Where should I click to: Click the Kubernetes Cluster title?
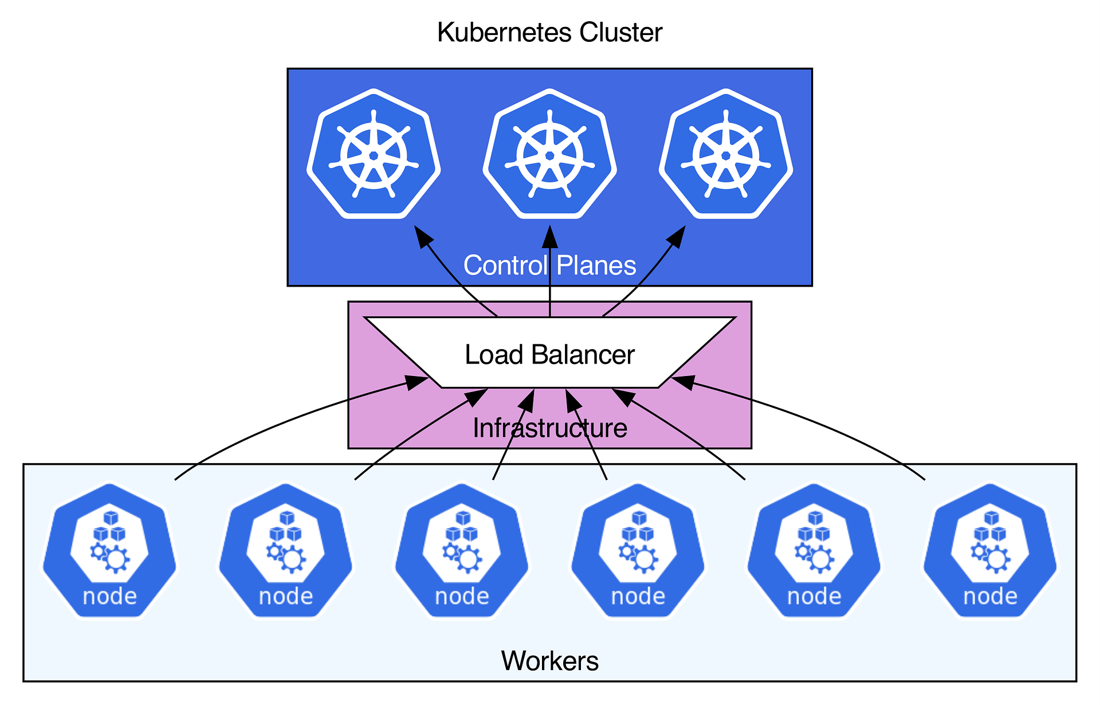click(x=549, y=33)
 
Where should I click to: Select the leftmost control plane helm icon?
click(x=374, y=154)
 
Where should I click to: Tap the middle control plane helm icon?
click(x=549, y=154)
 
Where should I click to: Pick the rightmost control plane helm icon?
click(x=726, y=154)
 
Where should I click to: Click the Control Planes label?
click(x=549, y=266)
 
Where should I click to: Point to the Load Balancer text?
click(x=549, y=355)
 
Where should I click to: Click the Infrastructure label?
click(x=549, y=429)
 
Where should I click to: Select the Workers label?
click(x=549, y=661)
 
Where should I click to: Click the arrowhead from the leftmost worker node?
click(x=417, y=382)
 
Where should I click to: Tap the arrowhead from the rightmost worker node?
click(x=683, y=382)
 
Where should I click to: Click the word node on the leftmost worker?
click(x=109, y=597)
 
